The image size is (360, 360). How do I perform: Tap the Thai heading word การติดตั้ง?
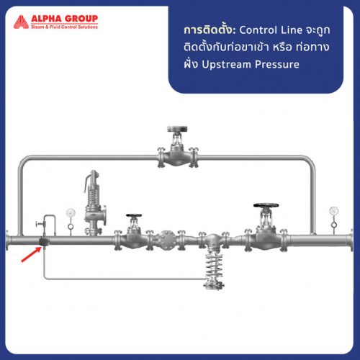(x=210, y=31)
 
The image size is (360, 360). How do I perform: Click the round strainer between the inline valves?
(x=167, y=239)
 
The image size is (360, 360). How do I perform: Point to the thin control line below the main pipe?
(x=115, y=278)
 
